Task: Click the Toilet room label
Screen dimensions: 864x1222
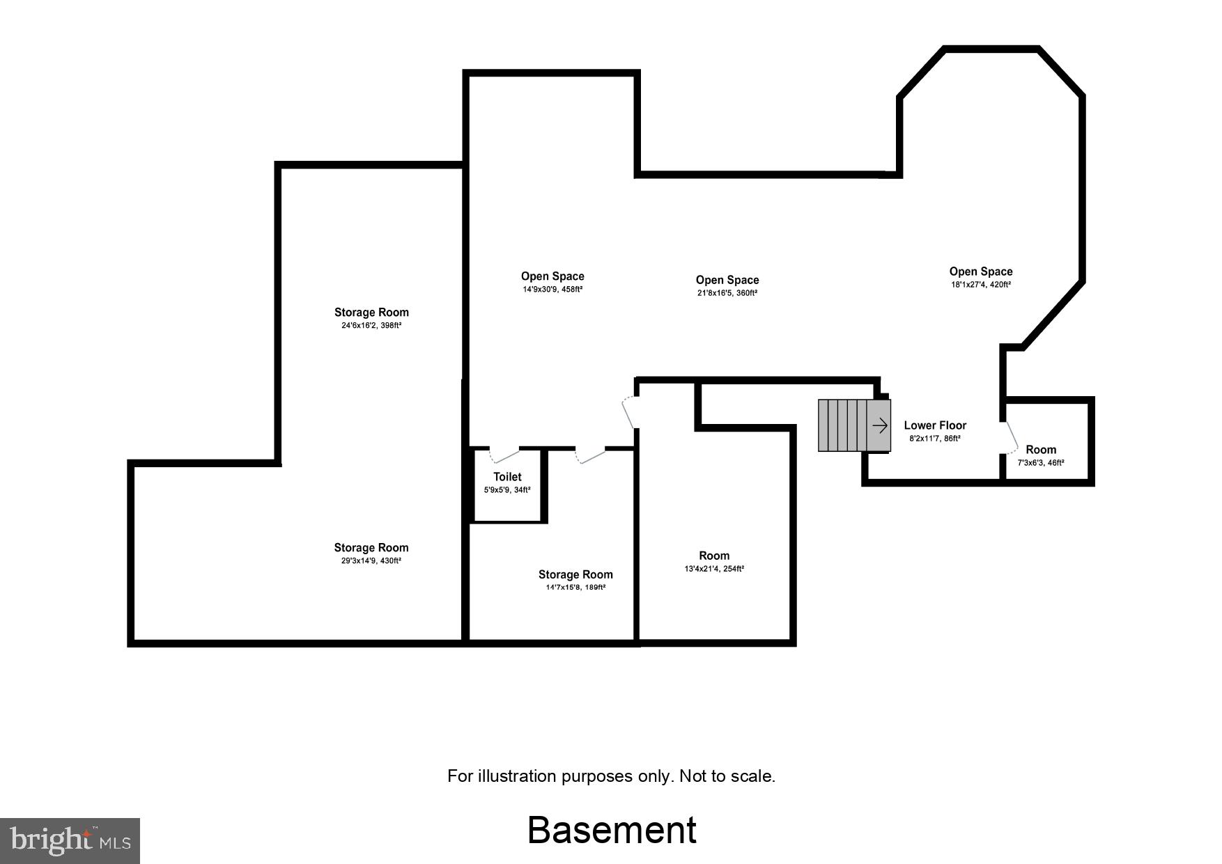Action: pyautogui.click(x=507, y=477)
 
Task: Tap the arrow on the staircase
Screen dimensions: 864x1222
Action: pyautogui.click(x=880, y=425)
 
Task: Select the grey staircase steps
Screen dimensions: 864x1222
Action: pyautogui.click(x=842, y=425)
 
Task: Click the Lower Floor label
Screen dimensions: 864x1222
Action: pyautogui.click(x=935, y=425)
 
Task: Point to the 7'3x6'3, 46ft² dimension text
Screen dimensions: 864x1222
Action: pyautogui.click(x=1041, y=462)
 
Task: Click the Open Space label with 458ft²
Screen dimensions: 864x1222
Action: pyautogui.click(x=552, y=276)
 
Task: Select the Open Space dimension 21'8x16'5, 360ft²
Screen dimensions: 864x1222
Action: pyautogui.click(x=727, y=293)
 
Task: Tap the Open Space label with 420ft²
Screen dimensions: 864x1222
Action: pyautogui.click(x=980, y=272)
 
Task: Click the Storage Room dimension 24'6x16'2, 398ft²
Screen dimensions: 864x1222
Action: pyautogui.click(x=371, y=325)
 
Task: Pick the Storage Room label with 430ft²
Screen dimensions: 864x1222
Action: pyautogui.click(x=371, y=548)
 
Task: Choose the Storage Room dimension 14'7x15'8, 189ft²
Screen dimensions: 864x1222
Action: pyautogui.click(x=575, y=588)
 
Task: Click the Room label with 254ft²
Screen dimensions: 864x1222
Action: pyautogui.click(x=714, y=556)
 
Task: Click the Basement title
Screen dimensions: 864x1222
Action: pyautogui.click(x=612, y=830)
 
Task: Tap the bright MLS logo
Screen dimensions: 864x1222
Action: pyautogui.click(x=70, y=840)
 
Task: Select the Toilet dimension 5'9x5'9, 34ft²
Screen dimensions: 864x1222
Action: pyautogui.click(x=507, y=490)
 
